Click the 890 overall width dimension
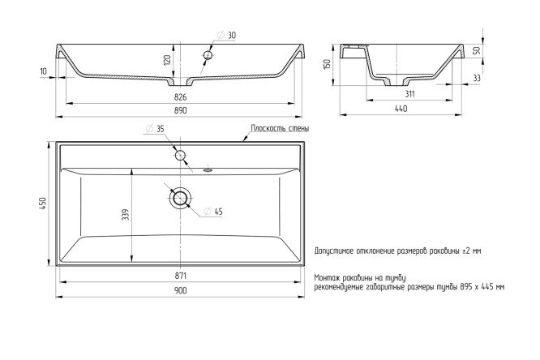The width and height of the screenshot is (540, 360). [180, 110]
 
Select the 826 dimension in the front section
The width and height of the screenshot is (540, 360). [180, 97]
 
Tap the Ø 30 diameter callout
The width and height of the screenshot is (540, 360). [226, 35]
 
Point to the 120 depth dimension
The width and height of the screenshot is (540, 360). [167, 60]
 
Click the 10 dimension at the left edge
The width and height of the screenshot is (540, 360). [44, 71]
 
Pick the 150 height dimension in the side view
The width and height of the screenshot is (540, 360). [327, 64]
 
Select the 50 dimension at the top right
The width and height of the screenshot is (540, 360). [477, 51]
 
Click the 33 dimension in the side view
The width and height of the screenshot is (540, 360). [477, 79]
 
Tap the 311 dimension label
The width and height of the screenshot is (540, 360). [409, 94]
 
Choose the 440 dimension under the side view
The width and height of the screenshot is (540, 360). [401, 109]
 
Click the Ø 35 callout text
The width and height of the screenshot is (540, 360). [155, 129]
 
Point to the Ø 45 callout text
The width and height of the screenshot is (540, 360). [213, 212]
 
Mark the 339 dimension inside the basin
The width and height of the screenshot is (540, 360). [126, 214]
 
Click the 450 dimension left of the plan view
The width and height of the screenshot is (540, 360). [43, 204]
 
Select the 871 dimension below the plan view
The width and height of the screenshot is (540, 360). [180, 276]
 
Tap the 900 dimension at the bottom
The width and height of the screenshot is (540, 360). [180, 291]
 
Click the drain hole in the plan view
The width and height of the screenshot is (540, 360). [180, 199]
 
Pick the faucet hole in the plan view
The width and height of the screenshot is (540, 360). [181, 156]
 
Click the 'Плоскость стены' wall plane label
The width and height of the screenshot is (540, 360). [280, 128]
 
